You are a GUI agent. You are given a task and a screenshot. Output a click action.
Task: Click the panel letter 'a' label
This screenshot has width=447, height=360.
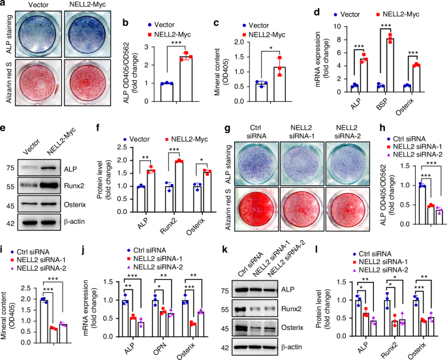coord(5,5)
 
